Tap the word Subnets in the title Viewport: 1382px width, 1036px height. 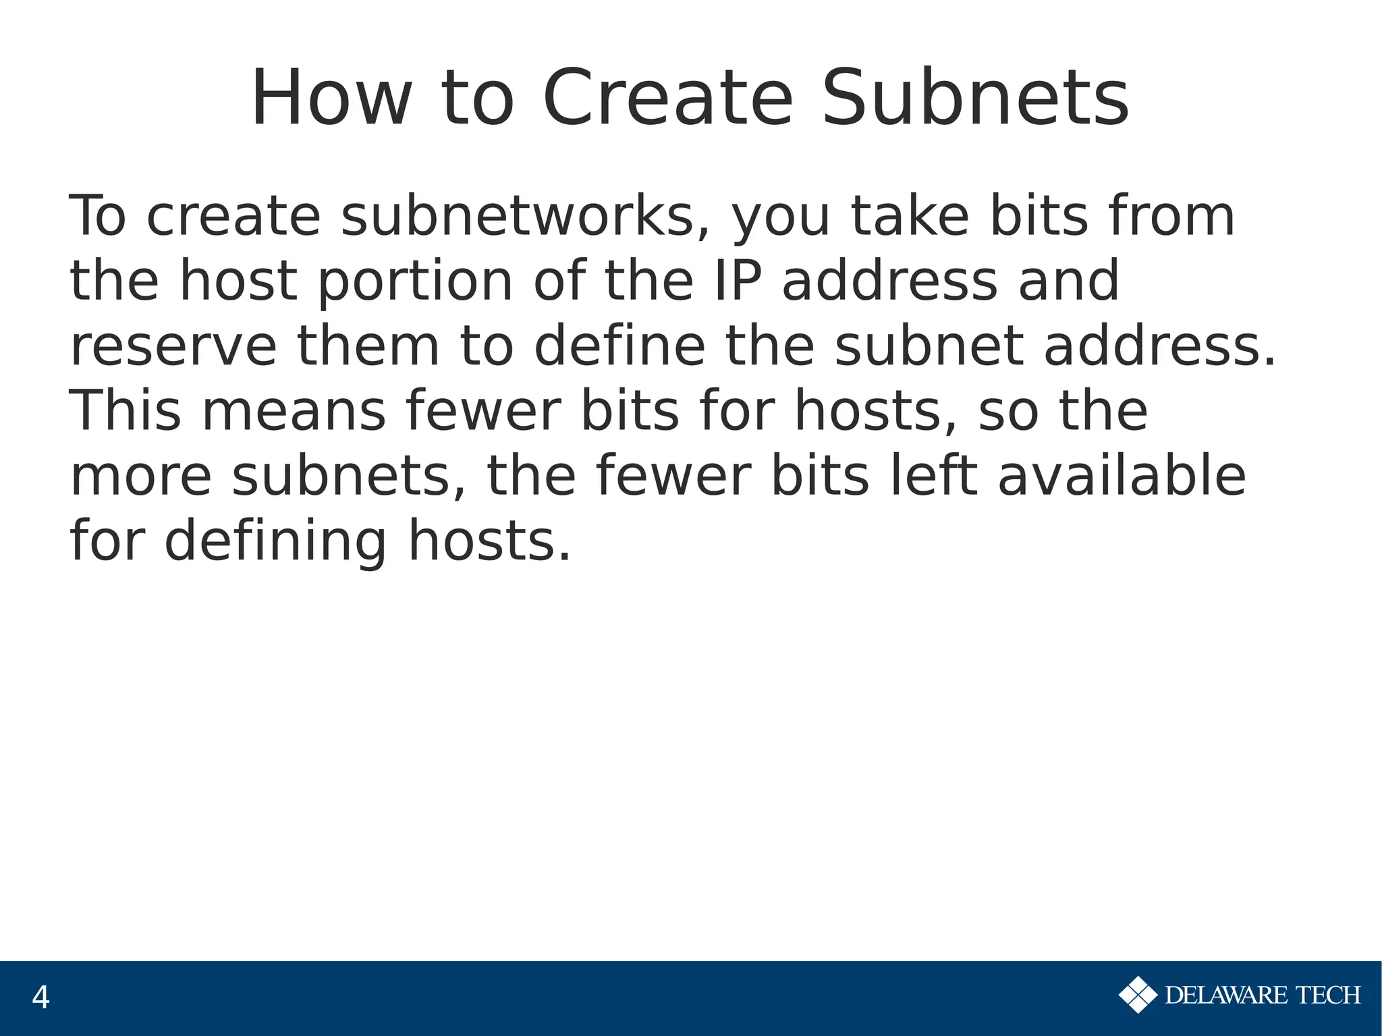coord(975,99)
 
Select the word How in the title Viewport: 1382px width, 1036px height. coord(331,99)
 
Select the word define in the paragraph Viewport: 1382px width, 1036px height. coord(619,346)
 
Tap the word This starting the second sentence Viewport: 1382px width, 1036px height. coord(126,411)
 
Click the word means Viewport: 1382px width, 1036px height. coord(294,411)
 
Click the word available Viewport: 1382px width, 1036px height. coord(1122,476)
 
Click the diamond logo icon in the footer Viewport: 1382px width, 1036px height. coord(1138,995)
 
